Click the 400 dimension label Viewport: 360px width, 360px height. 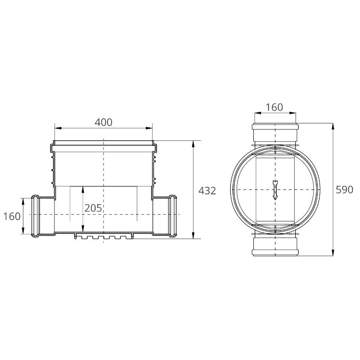coord(103,122)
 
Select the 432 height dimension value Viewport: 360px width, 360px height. coord(207,191)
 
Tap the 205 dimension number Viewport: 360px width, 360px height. coord(93,208)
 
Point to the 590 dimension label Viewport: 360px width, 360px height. coord(344,190)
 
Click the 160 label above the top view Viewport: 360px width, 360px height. coord(274,107)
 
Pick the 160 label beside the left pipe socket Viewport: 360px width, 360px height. coord(12,216)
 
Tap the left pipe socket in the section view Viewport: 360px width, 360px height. coord(43,216)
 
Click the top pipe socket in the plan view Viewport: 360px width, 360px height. coord(275,134)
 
